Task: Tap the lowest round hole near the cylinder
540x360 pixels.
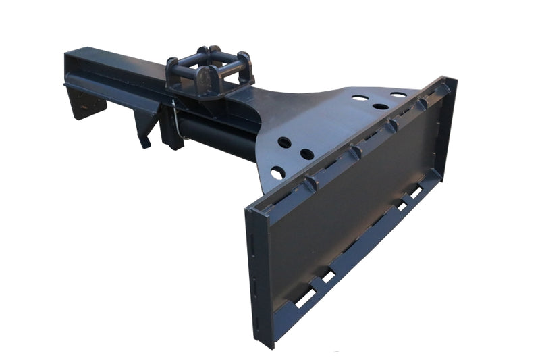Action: (277, 174)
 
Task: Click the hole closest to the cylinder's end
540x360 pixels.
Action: (284, 143)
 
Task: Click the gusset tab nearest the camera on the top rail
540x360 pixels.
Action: (310, 184)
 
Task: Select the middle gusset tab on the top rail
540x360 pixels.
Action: (391, 126)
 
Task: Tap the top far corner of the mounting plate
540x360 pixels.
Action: (453, 80)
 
